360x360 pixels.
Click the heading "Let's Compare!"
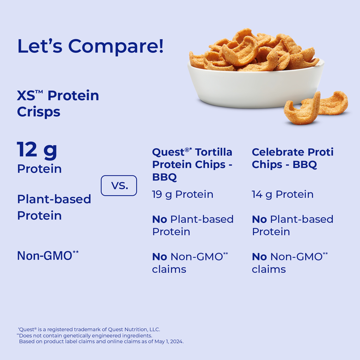pyautogui.click(x=90, y=46)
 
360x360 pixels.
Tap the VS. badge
pyautogui.click(x=118, y=186)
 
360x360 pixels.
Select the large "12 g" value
pyautogui.click(x=37, y=150)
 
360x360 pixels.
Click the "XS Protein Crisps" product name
pyautogui.click(x=58, y=103)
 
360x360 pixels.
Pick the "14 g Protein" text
pyautogui.click(x=283, y=195)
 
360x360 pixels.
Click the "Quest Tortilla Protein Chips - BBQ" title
pyautogui.click(x=192, y=164)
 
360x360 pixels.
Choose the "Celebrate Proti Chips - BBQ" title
pyautogui.click(x=292, y=158)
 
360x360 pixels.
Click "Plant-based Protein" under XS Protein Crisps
pyautogui.click(x=54, y=207)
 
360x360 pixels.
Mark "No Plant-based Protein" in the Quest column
pyautogui.click(x=193, y=225)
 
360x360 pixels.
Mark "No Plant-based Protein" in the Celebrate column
pyautogui.click(x=292, y=225)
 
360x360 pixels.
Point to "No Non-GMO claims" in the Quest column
pyautogui.click(x=190, y=263)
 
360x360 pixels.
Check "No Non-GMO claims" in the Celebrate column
pyautogui.click(x=290, y=263)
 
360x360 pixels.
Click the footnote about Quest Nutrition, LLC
pyautogui.click(x=89, y=329)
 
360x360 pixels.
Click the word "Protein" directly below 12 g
pyautogui.click(x=39, y=169)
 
